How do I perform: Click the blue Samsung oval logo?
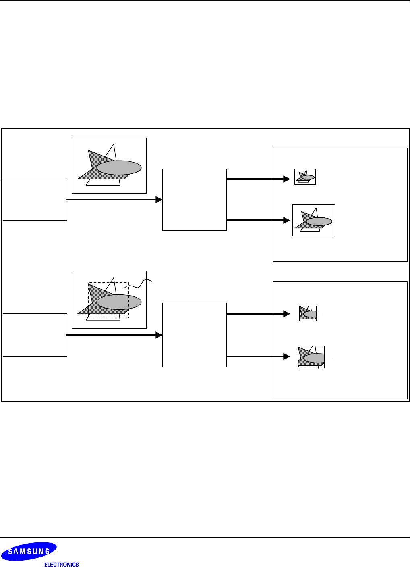[29, 551]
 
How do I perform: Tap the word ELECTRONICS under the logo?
[61, 565]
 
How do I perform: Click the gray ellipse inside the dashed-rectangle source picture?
[119, 302]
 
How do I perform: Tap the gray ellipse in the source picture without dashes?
[119, 168]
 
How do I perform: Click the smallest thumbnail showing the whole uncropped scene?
[305, 177]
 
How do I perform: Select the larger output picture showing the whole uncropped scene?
[313, 220]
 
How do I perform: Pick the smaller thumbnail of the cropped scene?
[308, 313]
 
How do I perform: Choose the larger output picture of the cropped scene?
[311, 357]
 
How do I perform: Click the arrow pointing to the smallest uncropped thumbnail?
[258, 179]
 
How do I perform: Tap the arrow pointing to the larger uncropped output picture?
[258, 220]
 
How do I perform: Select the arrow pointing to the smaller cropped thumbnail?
[258, 313]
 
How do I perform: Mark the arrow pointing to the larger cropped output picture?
[258, 356]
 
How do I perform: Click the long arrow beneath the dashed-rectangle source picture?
[114, 335]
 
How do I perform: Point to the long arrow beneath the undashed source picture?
[114, 200]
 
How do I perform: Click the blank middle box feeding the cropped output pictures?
[195, 335]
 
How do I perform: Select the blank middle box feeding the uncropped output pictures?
[195, 200]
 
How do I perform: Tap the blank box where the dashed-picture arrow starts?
[35, 335]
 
